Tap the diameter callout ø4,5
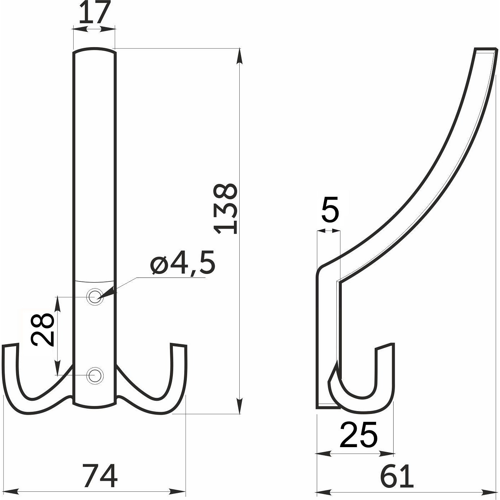[183, 263]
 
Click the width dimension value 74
[100, 476]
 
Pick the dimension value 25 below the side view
[358, 434]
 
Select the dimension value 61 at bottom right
[397, 476]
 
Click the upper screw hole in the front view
[95, 296]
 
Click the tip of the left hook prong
[10, 346]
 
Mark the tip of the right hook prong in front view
[179, 346]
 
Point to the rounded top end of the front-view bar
[94, 51]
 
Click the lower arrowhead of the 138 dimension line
[240, 408]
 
